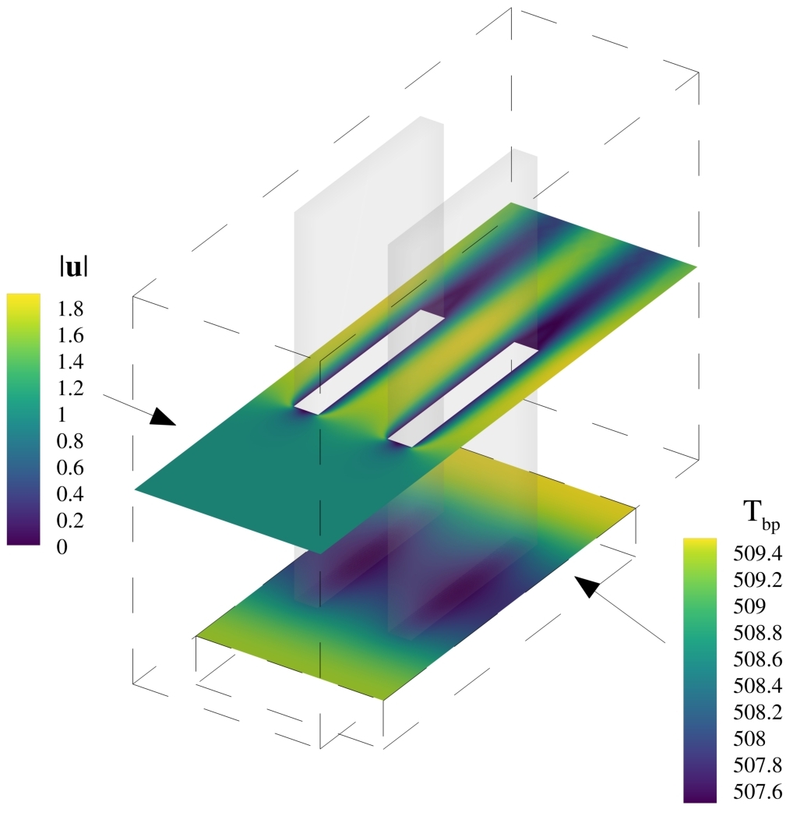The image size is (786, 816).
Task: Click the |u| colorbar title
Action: click(x=73, y=268)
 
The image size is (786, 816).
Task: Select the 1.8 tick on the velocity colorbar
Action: click(x=70, y=309)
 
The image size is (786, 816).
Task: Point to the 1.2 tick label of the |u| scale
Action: click(x=70, y=388)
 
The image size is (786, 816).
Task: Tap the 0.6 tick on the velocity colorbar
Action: click(x=70, y=468)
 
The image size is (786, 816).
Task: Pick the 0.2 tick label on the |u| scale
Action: click(x=70, y=521)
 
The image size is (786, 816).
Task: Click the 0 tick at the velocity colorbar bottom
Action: click(x=62, y=547)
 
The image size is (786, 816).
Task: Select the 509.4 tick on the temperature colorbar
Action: click(x=757, y=554)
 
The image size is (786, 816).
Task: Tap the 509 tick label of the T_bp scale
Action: click(x=749, y=606)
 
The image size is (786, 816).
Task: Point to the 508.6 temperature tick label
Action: click(x=757, y=659)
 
